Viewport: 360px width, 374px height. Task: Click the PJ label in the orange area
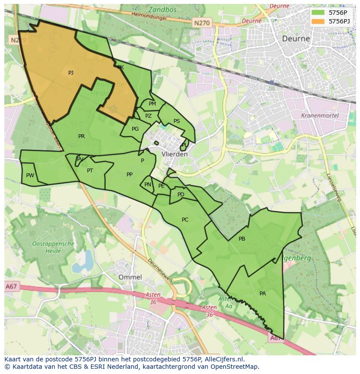(71, 73)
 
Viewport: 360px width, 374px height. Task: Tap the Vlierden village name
(174, 154)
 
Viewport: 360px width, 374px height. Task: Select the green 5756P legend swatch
(318, 13)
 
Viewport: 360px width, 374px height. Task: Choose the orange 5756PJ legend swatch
(318, 21)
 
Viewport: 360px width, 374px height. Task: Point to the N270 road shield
(202, 23)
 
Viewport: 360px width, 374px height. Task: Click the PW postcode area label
(30, 175)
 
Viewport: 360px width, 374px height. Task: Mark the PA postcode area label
(263, 294)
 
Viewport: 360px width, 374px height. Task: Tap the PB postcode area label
(242, 239)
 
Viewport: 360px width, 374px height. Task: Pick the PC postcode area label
(185, 220)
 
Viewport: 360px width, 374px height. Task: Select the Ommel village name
(130, 277)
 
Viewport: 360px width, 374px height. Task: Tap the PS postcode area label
(177, 121)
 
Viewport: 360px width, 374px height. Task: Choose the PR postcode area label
(81, 136)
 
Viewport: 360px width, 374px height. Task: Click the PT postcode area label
(90, 171)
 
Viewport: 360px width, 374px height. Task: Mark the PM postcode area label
(152, 104)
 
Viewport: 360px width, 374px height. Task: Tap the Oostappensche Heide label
(53, 247)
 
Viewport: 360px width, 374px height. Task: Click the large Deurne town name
(296, 38)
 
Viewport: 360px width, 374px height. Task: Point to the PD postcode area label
(181, 195)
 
